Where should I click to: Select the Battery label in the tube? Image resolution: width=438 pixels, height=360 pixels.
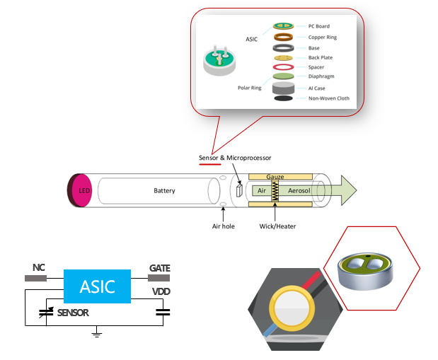164,191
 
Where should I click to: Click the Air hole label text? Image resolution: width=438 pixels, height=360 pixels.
223,226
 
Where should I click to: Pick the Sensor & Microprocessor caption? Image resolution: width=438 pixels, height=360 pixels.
234,157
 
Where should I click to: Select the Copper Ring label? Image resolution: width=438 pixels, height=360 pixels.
323,37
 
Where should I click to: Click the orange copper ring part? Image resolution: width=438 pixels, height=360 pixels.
284,37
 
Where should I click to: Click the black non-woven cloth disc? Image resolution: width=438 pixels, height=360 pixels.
284,99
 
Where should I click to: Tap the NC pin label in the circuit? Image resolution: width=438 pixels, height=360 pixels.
40,268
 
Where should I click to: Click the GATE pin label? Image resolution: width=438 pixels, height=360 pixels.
159,268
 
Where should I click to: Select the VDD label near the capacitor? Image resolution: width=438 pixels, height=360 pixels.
161,290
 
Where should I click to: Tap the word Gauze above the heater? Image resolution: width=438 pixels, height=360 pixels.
275,175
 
